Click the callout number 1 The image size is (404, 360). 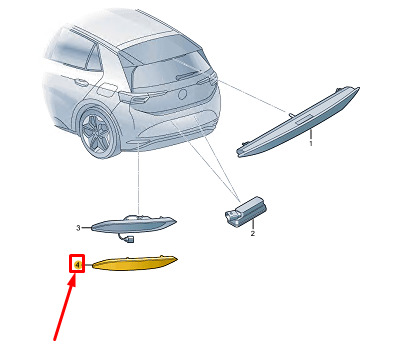tap(311, 144)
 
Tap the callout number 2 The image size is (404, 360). tap(253, 234)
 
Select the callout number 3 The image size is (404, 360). tap(78, 228)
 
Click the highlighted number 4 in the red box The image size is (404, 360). tap(77, 265)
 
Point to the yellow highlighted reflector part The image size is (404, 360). tap(133, 263)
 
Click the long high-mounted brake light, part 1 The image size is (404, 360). tap(298, 122)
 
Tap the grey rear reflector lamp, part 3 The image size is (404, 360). tap(133, 224)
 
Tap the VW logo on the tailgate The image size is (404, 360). tap(183, 94)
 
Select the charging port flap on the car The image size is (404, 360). tap(107, 89)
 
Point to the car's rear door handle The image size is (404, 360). tap(79, 81)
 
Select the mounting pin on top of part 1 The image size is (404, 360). tap(291, 115)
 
